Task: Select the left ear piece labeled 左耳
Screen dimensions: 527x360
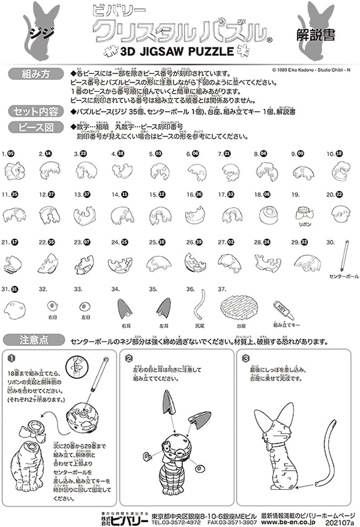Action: click(x=163, y=307)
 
